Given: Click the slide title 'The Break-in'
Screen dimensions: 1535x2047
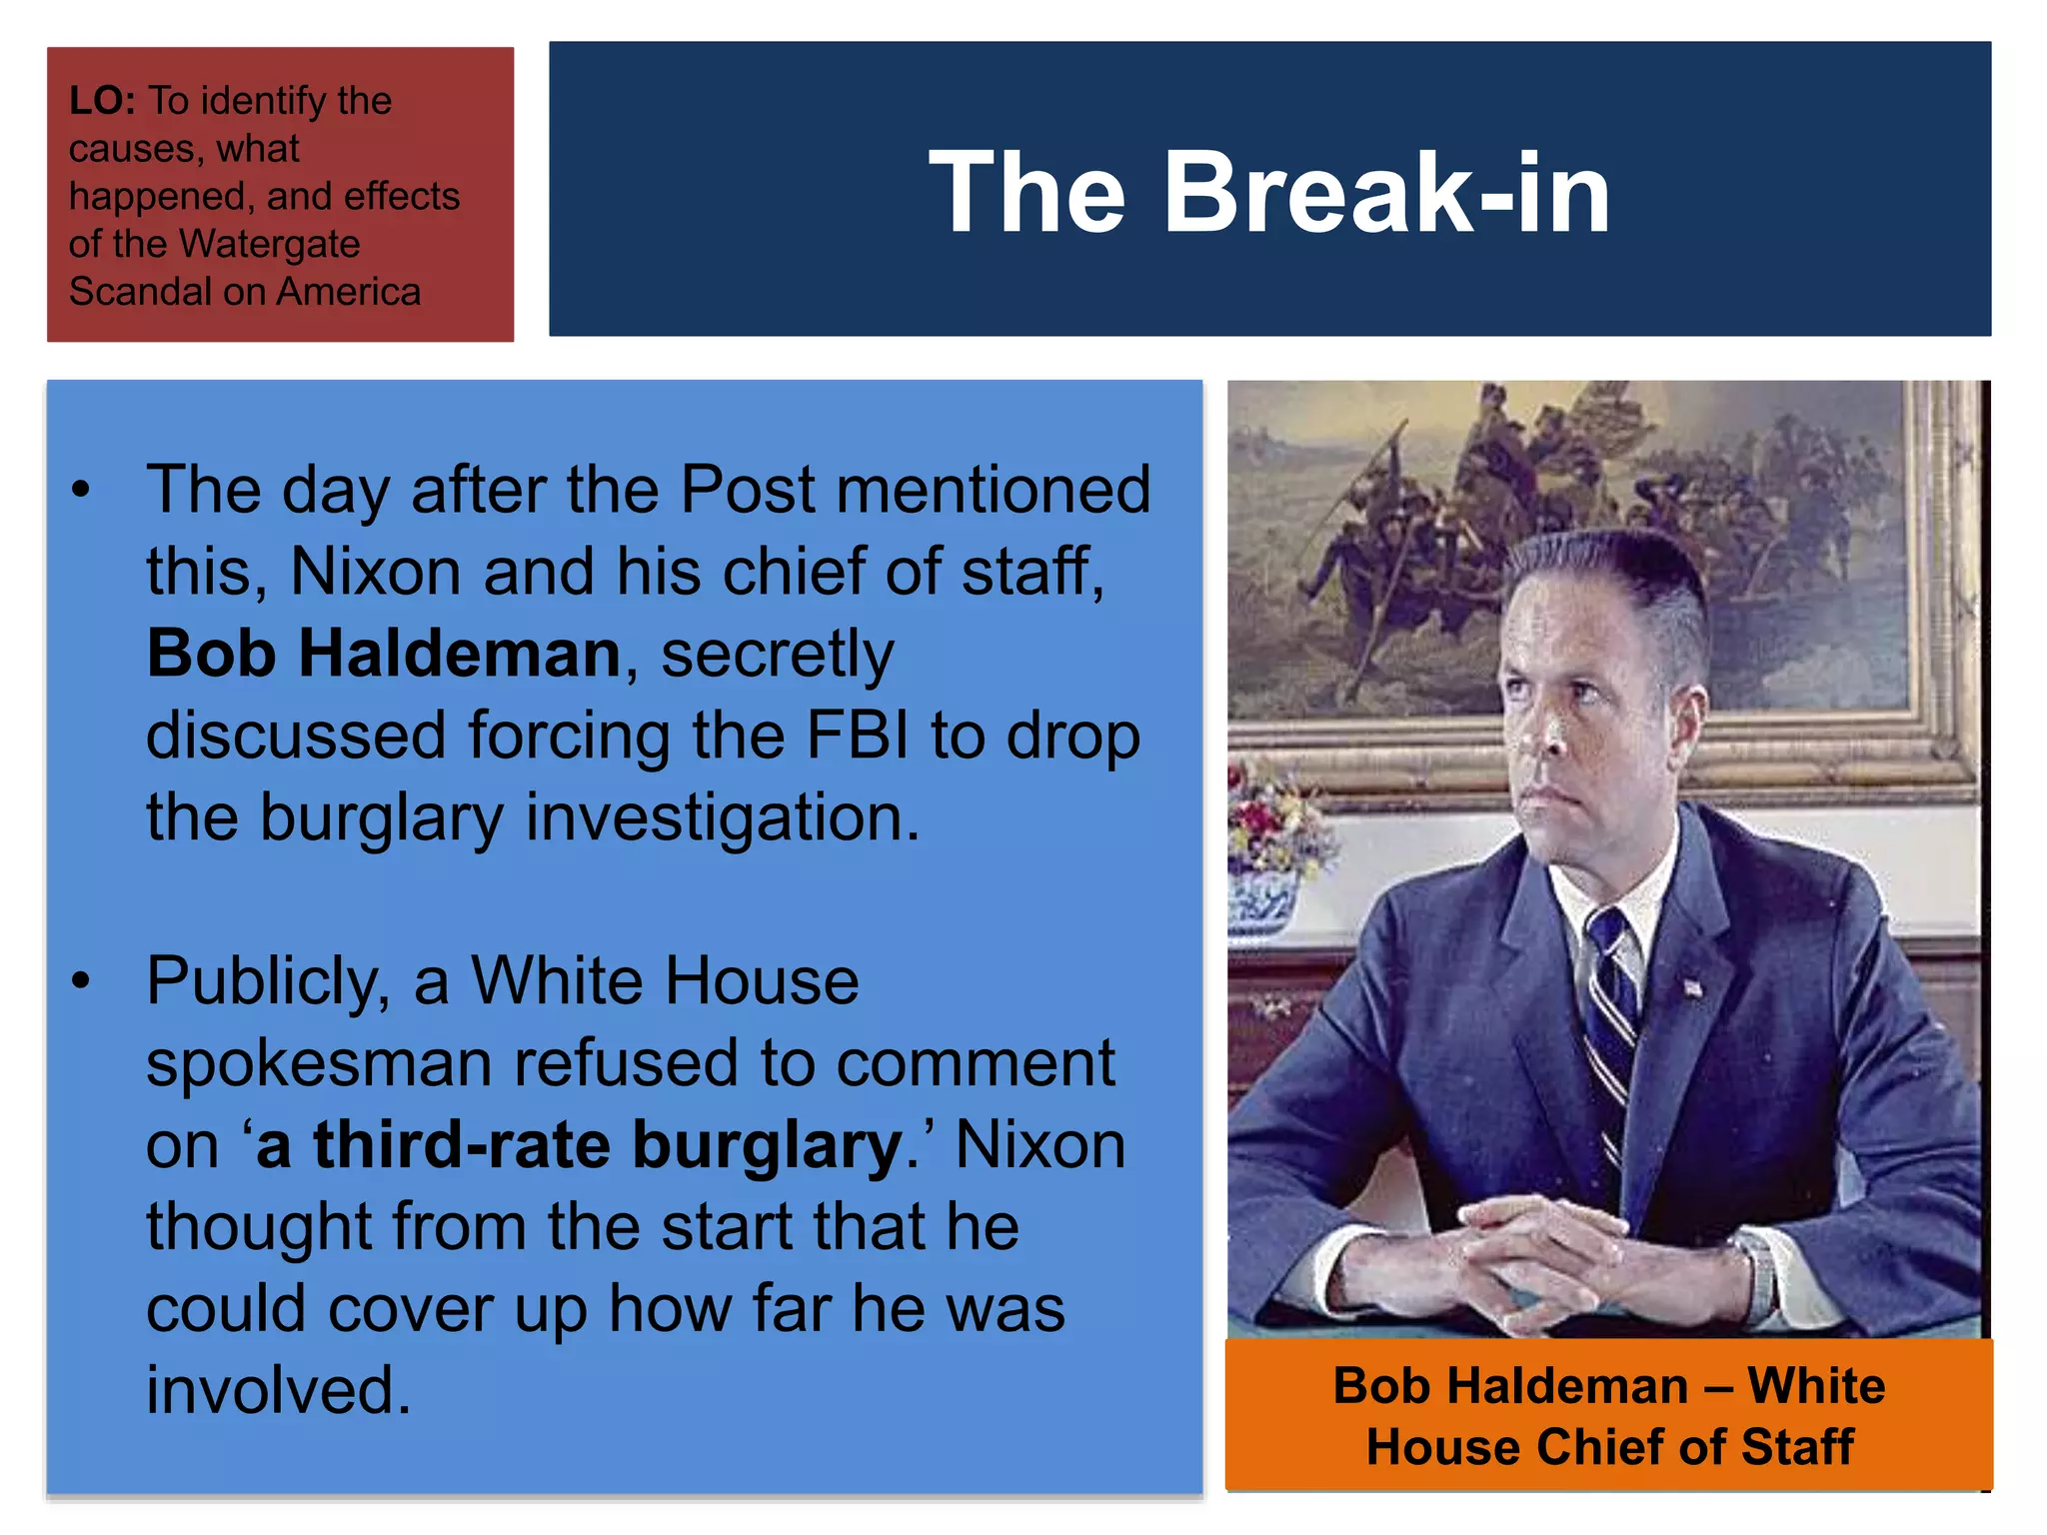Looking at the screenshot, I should click(x=1269, y=192).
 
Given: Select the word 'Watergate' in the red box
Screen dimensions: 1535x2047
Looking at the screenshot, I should click(x=271, y=244).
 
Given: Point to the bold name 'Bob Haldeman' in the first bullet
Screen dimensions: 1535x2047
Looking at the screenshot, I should click(x=384, y=654).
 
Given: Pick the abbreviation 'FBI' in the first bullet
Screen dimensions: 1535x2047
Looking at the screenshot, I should click(x=858, y=736).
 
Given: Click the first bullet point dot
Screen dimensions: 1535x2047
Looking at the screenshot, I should click(x=81, y=490).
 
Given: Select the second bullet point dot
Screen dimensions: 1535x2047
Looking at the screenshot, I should click(x=81, y=981).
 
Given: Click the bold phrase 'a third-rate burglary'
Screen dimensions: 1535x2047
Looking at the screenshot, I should click(x=579, y=1145).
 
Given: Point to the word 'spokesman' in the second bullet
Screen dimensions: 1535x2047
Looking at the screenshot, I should click(x=319, y=1063).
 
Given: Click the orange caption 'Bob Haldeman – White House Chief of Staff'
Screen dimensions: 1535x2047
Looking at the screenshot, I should click(x=1609, y=1415).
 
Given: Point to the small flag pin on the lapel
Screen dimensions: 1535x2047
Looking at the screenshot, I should click(x=1693, y=987).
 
